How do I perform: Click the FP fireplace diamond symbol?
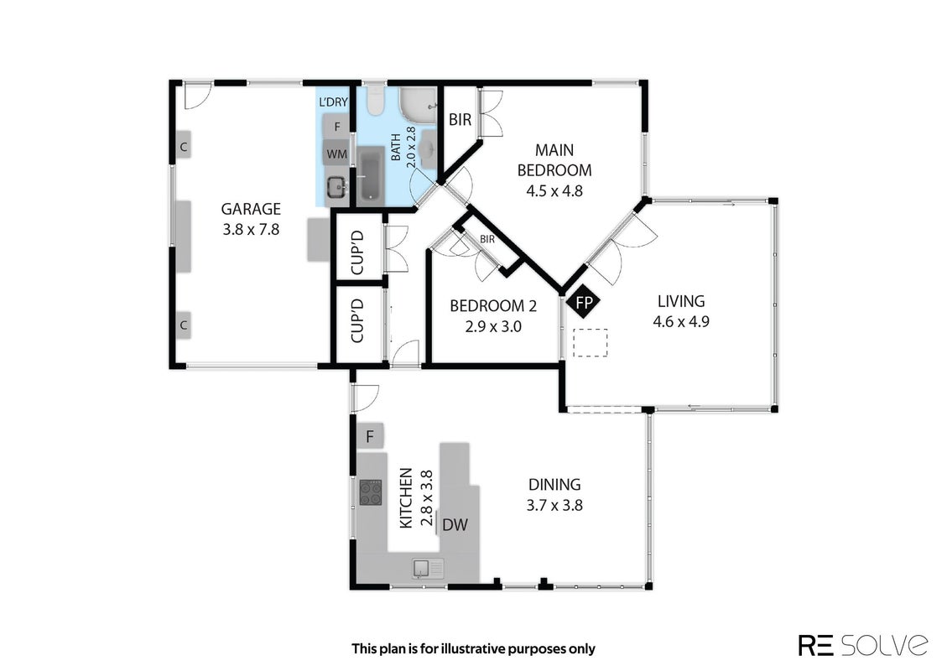click(x=584, y=303)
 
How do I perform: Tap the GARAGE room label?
click(x=251, y=209)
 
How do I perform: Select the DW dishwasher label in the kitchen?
click(x=455, y=525)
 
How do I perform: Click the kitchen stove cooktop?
click(x=371, y=492)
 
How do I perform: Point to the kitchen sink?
click(x=428, y=569)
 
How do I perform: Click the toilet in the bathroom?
click(x=376, y=101)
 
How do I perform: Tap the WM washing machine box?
click(x=337, y=154)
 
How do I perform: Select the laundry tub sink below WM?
click(x=336, y=186)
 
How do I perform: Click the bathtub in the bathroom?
click(x=370, y=176)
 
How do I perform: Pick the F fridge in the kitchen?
click(x=370, y=436)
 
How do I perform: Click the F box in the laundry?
click(x=337, y=127)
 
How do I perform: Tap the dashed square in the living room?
click(x=590, y=342)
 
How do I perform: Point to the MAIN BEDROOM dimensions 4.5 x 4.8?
click(x=554, y=191)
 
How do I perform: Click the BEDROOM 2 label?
click(x=493, y=306)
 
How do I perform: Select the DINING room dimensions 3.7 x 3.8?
click(x=554, y=506)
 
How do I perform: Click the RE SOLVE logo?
click(x=863, y=645)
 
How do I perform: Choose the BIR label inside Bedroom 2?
click(x=487, y=239)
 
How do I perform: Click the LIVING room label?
click(x=680, y=301)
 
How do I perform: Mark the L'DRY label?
click(x=333, y=102)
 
